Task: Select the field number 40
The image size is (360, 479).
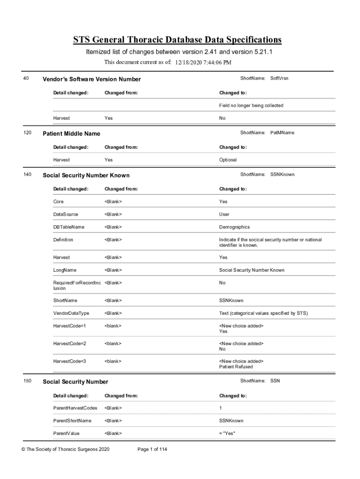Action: (x=26, y=79)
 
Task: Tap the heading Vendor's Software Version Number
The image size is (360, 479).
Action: (x=92, y=80)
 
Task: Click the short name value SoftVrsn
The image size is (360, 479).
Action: (x=279, y=78)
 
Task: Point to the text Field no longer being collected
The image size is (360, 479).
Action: (x=251, y=106)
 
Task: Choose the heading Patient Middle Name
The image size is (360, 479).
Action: (x=72, y=134)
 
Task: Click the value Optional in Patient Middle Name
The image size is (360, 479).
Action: (x=228, y=160)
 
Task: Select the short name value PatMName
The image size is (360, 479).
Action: (x=282, y=133)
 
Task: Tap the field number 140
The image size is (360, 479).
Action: (x=28, y=174)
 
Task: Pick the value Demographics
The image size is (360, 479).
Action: (x=234, y=227)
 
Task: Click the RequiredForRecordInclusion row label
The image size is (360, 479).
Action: (x=77, y=286)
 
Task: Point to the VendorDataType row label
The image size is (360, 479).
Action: (x=71, y=313)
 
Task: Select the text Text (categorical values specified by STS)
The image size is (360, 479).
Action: (x=264, y=313)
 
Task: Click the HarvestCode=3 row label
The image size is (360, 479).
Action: (x=69, y=362)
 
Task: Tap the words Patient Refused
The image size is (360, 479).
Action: (x=236, y=367)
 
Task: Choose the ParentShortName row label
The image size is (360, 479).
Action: (x=72, y=421)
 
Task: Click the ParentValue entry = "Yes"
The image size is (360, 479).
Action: (x=227, y=434)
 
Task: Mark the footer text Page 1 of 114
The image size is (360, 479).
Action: (x=152, y=450)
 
